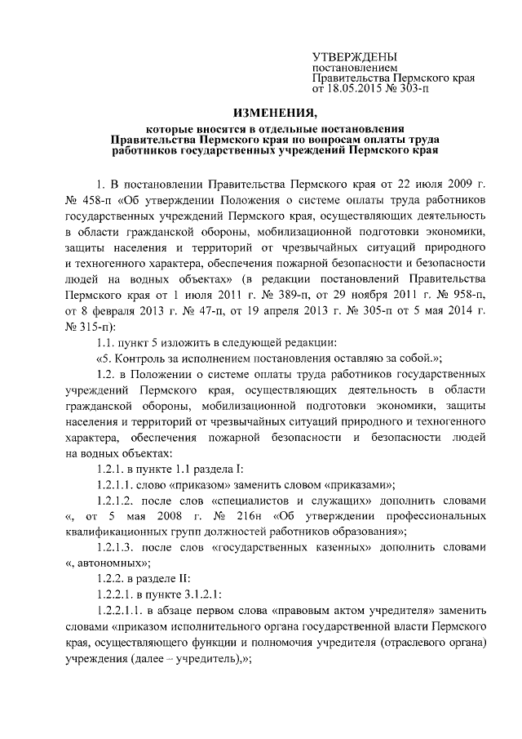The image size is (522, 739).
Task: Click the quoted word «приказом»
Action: point(206,483)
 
